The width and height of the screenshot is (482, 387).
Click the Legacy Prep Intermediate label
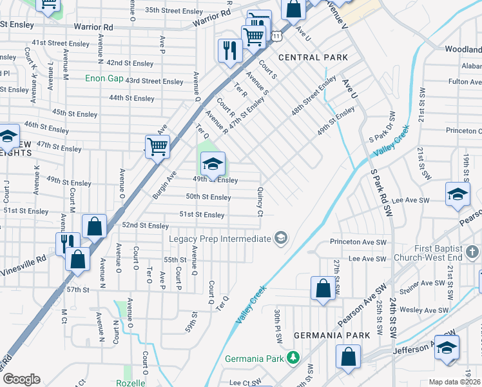220,239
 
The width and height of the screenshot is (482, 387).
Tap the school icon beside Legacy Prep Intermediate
280,239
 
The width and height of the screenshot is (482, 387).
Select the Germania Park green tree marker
293,357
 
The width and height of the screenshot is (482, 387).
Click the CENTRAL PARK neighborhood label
313,57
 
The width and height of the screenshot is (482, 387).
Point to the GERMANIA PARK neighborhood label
332,335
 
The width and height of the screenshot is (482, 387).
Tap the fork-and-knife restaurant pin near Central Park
229,50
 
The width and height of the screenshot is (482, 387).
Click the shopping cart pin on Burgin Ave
157,147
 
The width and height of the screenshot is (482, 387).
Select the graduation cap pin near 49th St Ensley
212,164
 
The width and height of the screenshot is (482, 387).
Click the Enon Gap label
105,79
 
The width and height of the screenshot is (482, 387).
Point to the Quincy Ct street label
260,202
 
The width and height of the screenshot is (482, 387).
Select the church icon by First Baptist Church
472,250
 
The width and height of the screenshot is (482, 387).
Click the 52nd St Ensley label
145,225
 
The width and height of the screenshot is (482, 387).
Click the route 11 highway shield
276,37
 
